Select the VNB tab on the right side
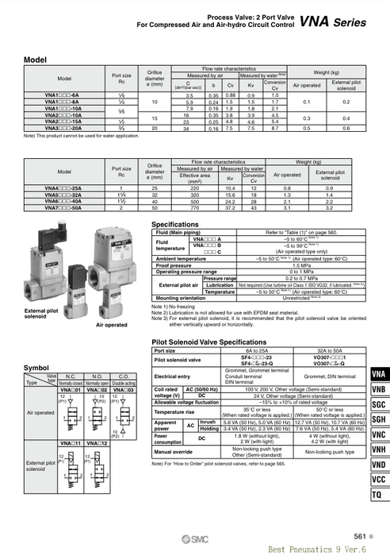point(379,390)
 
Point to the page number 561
point(361,537)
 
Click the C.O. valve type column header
point(125,378)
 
